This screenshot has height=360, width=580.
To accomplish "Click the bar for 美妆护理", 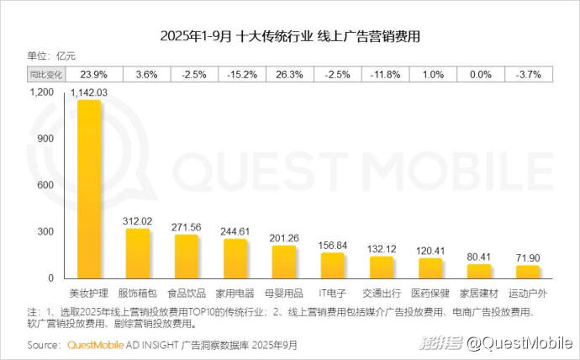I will tap(89, 189).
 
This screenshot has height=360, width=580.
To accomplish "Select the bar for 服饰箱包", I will tap(138, 253).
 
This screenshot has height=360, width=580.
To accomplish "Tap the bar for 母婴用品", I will tap(284, 262).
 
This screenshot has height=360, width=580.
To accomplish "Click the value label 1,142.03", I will tap(89, 91).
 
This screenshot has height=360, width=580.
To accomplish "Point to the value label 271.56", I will tap(187, 227).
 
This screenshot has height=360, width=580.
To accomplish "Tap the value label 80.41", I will tap(479, 257).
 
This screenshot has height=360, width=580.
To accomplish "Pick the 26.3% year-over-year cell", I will tap(284, 73).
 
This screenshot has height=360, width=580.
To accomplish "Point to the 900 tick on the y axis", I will tap(45, 138).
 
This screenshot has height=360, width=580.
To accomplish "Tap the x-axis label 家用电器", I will tap(235, 294).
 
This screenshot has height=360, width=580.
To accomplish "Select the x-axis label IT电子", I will tap(333, 294).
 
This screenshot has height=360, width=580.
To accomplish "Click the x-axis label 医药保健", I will tap(430, 294).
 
